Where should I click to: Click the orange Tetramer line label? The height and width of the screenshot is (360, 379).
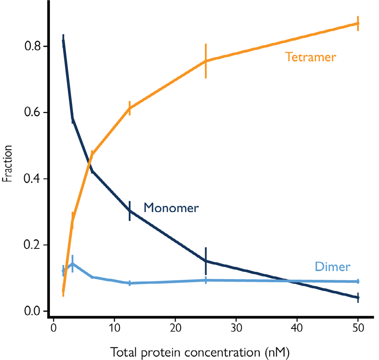[310, 57]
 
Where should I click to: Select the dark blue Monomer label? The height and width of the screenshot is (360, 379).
[171, 208]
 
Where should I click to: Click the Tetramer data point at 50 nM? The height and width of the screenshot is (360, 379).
[358, 23]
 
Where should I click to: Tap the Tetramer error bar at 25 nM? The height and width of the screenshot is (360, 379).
[206, 61]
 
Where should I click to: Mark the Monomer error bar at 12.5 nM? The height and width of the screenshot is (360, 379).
[130, 211]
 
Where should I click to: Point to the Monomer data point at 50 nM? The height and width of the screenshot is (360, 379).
[358, 298]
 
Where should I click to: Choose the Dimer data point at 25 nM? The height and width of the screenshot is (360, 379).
[206, 280]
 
